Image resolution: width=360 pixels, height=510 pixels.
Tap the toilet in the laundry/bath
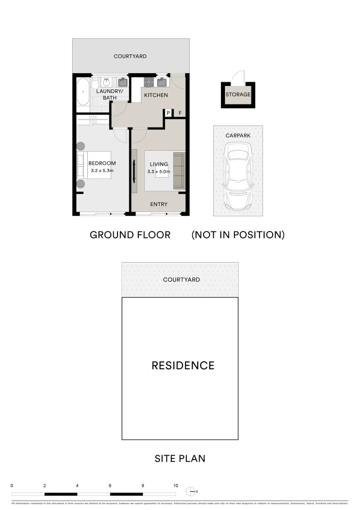pyautogui.click(x=95, y=82)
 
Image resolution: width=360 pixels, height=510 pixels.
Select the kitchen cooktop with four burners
pyautogui.click(x=149, y=82)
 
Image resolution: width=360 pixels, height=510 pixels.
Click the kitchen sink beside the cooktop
pyautogui.click(x=162, y=82)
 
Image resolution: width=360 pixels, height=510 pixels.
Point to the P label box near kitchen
pyautogui.click(x=168, y=113)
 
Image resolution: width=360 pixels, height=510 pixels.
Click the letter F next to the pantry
pyautogui.click(x=180, y=113)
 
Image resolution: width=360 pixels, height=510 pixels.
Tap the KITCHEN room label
pyautogui.click(x=156, y=95)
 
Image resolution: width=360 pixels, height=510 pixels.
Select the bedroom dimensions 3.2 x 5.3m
pyautogui.click(x=102, y=170)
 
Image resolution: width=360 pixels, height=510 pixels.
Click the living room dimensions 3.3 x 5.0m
pyautogui.click(x=158, y=171)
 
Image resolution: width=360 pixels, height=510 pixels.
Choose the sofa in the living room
pyautogui.click(x=179, y=170)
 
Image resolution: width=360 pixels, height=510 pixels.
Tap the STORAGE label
pyautogui.click(x=238, y=94)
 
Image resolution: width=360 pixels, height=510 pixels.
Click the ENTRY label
pyautogui.click(x=159, y=204)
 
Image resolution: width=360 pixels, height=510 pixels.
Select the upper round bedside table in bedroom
pyautogui.click(x=81, y=146)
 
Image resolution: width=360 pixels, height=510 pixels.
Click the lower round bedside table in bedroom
pyautogui.click(x=81, y=184)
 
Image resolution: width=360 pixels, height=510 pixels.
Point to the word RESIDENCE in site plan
pyautogui.click(x=183, y=365)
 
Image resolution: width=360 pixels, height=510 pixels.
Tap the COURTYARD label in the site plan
pyautogui.click(x=181, y=280)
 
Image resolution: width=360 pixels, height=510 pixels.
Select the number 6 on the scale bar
pyautogui.click(x=110, y=485)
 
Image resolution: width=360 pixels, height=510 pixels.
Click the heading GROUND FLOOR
pyautogui.click(x=130, y=235)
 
